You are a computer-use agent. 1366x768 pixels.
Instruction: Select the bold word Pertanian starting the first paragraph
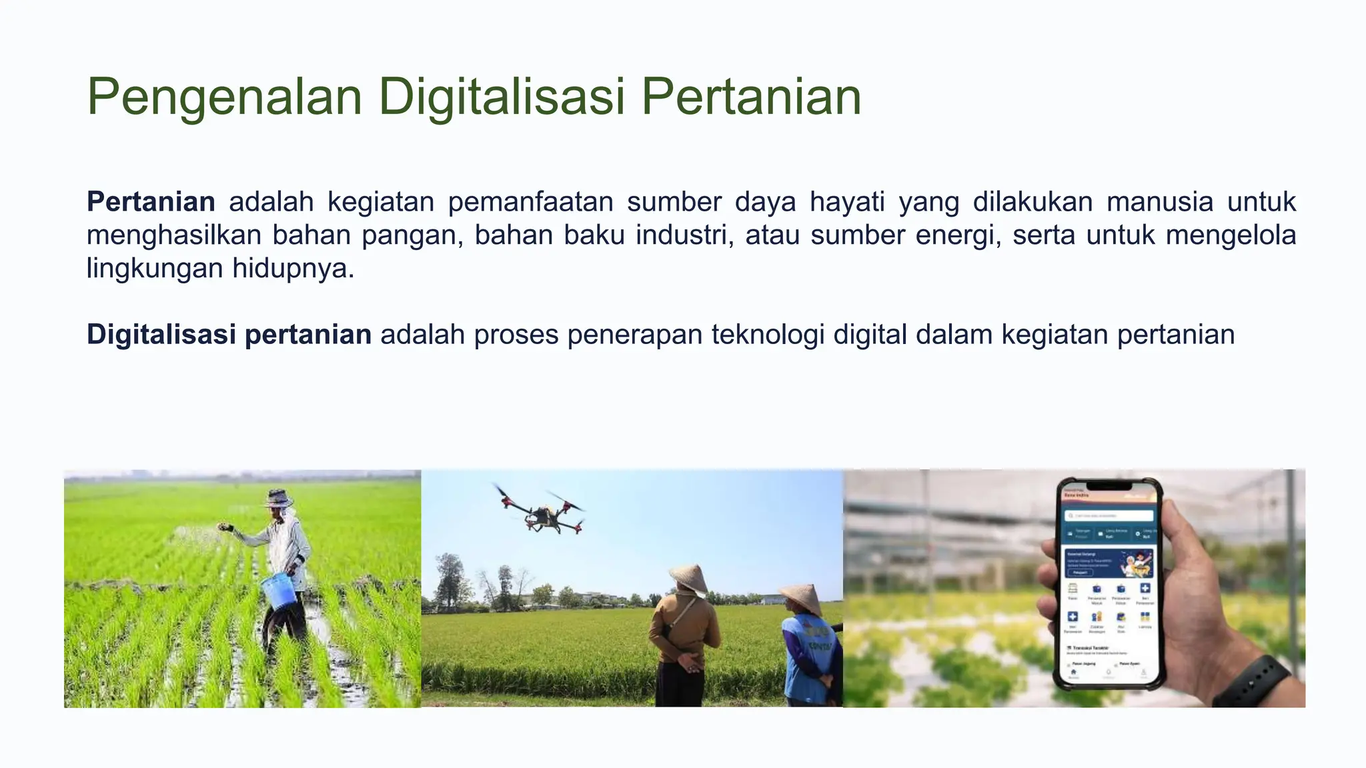[x=151, y=201]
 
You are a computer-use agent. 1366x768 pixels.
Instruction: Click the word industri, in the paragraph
[x=684, y=235]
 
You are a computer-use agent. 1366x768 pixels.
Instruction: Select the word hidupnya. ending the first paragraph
[x=293, y=268]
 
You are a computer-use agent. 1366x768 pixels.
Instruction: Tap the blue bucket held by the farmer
[x=279, y=591]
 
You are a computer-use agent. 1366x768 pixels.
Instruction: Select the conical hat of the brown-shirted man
[x=690, y=577]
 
